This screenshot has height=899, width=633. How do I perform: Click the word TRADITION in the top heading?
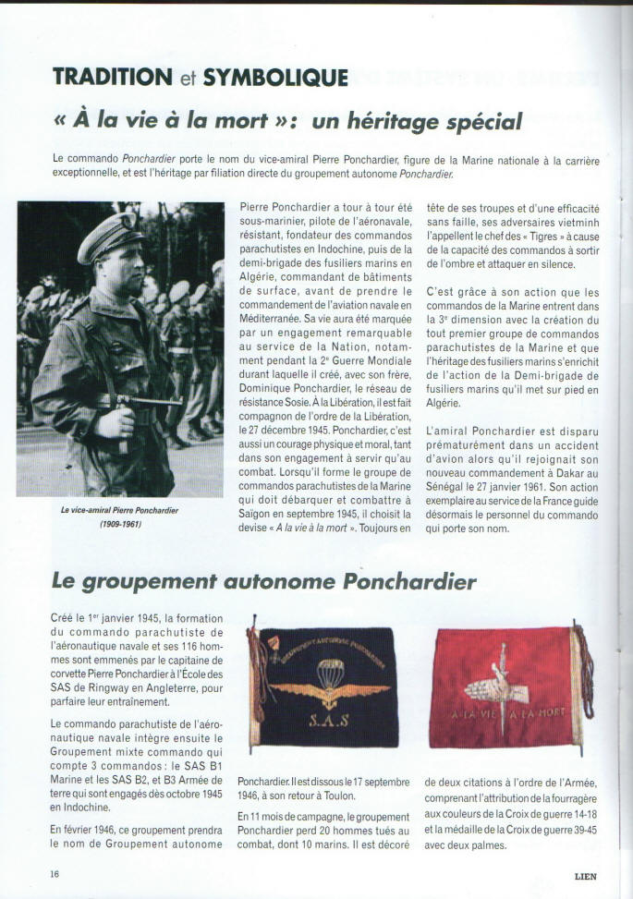point(112,78)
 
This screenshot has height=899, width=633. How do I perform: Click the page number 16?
point(55,873)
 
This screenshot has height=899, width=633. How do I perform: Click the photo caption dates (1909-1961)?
point(120,524)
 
